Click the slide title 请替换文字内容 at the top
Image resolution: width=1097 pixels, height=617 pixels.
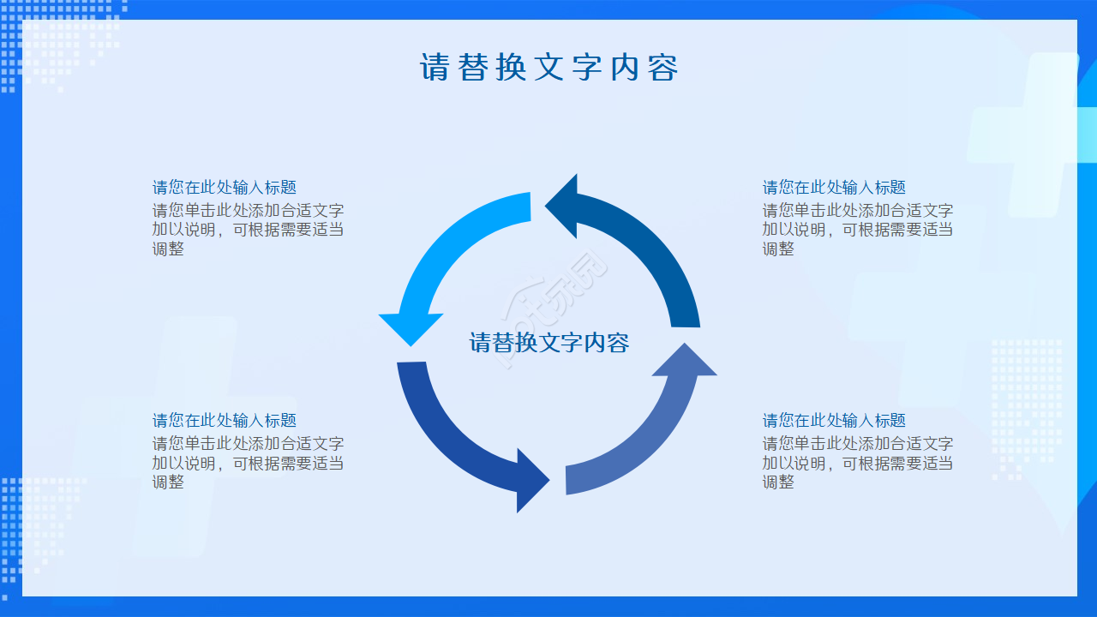coord(548,68)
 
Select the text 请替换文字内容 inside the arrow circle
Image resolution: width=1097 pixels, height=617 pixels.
coord(548,343)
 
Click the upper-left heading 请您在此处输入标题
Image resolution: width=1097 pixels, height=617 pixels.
coord(224,187)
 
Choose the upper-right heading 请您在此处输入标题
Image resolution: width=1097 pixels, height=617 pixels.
coord(834,187)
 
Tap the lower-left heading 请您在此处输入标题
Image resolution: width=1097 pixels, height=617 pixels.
coord(224,420)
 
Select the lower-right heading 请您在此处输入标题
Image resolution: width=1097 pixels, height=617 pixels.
coord(834,420)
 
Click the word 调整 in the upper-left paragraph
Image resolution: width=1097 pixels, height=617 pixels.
coord(168,249)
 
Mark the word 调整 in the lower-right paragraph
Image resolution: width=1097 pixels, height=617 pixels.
coord(778,482)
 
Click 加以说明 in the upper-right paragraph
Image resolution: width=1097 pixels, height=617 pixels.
coord(794,230)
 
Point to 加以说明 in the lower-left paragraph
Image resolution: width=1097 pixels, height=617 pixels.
coord(183,463)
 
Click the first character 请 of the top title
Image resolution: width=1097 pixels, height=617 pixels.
coord(435,68)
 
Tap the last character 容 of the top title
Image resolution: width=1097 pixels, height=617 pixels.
coord(662,68)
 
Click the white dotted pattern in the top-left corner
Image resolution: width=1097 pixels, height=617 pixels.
coord(60,43)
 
